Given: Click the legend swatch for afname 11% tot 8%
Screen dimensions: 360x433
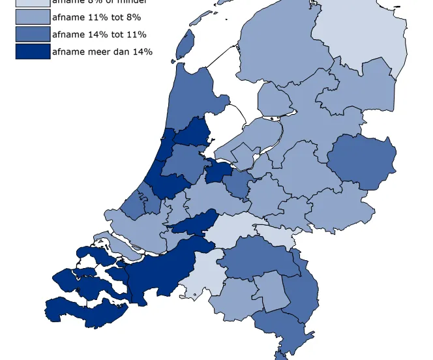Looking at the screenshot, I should tap(33, 17).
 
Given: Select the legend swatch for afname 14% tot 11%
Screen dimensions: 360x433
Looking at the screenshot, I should tap(33, 34).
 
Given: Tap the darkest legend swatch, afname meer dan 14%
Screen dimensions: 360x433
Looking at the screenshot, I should tap(33, 51).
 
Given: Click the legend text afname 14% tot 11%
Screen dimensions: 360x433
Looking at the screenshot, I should tap(99, 35).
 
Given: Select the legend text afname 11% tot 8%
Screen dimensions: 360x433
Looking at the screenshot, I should tap(96, 18).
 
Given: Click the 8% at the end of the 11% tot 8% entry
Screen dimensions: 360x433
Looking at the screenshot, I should tap(133, 18).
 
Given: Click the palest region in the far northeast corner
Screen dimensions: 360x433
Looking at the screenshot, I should tap(362, 29).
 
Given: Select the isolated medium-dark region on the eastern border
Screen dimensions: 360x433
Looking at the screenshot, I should tap(361, 162).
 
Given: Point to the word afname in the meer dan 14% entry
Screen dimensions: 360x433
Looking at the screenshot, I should tap(70, 52).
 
